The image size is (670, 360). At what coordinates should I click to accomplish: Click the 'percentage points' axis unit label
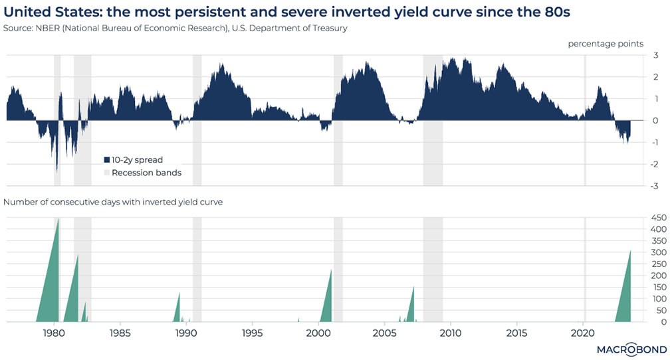[x=605, y=44]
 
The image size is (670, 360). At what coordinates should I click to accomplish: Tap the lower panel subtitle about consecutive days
[x=114, y=202]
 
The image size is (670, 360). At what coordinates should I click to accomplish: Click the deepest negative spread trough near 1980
[x=56, y=169]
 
